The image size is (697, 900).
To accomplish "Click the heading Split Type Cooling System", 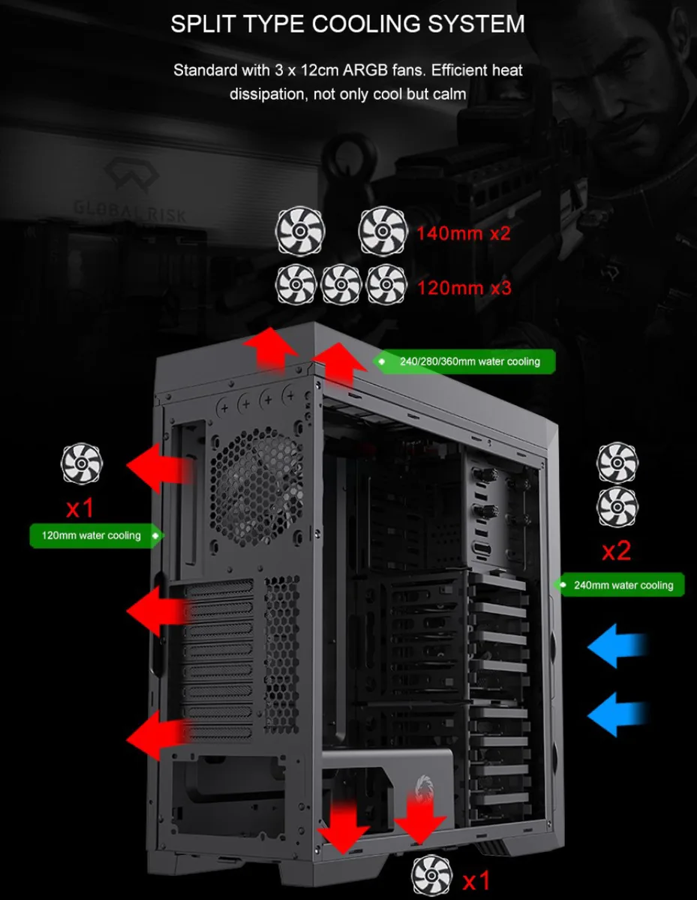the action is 348,23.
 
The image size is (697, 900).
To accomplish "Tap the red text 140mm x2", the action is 464,233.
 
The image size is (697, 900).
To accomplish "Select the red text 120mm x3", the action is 464,288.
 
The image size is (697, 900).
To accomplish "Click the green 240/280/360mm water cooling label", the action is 464,361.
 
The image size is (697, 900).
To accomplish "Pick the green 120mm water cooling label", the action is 96,535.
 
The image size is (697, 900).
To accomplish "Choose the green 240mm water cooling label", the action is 619,585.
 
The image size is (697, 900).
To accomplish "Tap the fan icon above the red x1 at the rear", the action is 82,463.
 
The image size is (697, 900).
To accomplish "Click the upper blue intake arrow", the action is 617,646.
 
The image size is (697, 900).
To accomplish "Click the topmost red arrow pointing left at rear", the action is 161,468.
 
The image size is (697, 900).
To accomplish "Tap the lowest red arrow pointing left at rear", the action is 161,736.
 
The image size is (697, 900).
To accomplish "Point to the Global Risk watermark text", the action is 130,212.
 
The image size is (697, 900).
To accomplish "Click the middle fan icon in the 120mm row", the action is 341,284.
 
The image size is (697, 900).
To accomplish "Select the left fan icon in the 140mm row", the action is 300,231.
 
